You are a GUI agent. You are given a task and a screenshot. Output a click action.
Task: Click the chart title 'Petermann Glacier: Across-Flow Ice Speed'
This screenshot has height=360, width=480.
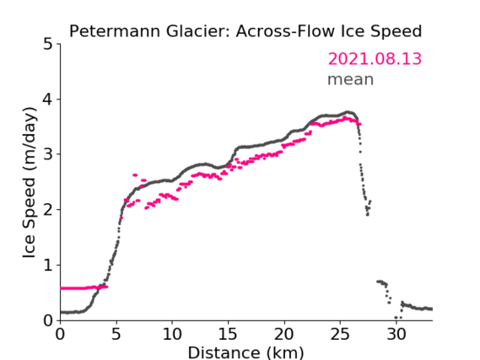[245, 31]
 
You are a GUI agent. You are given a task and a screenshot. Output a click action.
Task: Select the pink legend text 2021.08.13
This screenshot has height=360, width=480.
[375, 59]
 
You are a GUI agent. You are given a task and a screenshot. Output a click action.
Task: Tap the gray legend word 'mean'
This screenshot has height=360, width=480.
[351, 79]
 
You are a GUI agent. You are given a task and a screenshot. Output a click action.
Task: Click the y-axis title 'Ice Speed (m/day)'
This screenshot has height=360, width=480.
[30, 183]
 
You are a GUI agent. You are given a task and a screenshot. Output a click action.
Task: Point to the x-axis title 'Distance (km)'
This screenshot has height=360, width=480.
[245, 352]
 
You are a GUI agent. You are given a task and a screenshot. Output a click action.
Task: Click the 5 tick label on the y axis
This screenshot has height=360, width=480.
[48, 44]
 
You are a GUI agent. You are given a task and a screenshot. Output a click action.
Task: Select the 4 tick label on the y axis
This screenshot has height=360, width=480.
[48, 99]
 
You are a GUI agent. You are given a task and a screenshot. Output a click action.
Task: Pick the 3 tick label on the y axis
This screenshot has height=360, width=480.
[48, 154]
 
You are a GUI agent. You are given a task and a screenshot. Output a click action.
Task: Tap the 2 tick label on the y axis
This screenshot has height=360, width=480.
[48, 210]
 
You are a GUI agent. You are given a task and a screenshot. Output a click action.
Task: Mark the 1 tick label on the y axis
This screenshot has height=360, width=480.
[48, 266]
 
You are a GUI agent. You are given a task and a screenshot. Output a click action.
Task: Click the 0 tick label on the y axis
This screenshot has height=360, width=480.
[48, 320]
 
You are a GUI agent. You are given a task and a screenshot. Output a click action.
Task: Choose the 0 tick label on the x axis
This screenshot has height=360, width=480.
[60, 334]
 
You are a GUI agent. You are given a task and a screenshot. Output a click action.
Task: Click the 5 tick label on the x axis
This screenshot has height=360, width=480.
[116, 334]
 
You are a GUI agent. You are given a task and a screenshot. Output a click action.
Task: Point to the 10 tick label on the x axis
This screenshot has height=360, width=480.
[172, 334]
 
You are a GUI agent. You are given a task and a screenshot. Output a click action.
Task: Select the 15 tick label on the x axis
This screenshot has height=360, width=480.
[229, 334]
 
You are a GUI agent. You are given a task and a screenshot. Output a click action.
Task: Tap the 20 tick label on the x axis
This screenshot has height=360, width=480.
[284, 334]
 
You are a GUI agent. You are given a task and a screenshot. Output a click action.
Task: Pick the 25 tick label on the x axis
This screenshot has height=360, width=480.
[341, 334]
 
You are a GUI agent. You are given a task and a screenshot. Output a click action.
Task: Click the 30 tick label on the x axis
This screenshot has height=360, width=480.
[396, 334]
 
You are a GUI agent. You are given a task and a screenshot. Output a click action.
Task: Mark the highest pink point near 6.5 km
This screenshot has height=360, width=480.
[135, 175]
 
